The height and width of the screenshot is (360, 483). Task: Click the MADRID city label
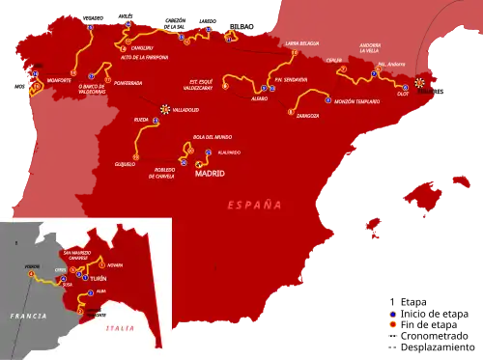coord(210,174)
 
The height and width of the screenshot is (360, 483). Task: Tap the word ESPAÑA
coord(255,205)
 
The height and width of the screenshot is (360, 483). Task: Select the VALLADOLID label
coord(184,110)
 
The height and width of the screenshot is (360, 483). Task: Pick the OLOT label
coord(404,94)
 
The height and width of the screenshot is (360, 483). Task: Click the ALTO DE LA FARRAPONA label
coord(147,57)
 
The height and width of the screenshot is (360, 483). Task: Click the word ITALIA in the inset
coord(120,329)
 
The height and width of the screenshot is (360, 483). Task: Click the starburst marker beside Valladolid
coord(165,109)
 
